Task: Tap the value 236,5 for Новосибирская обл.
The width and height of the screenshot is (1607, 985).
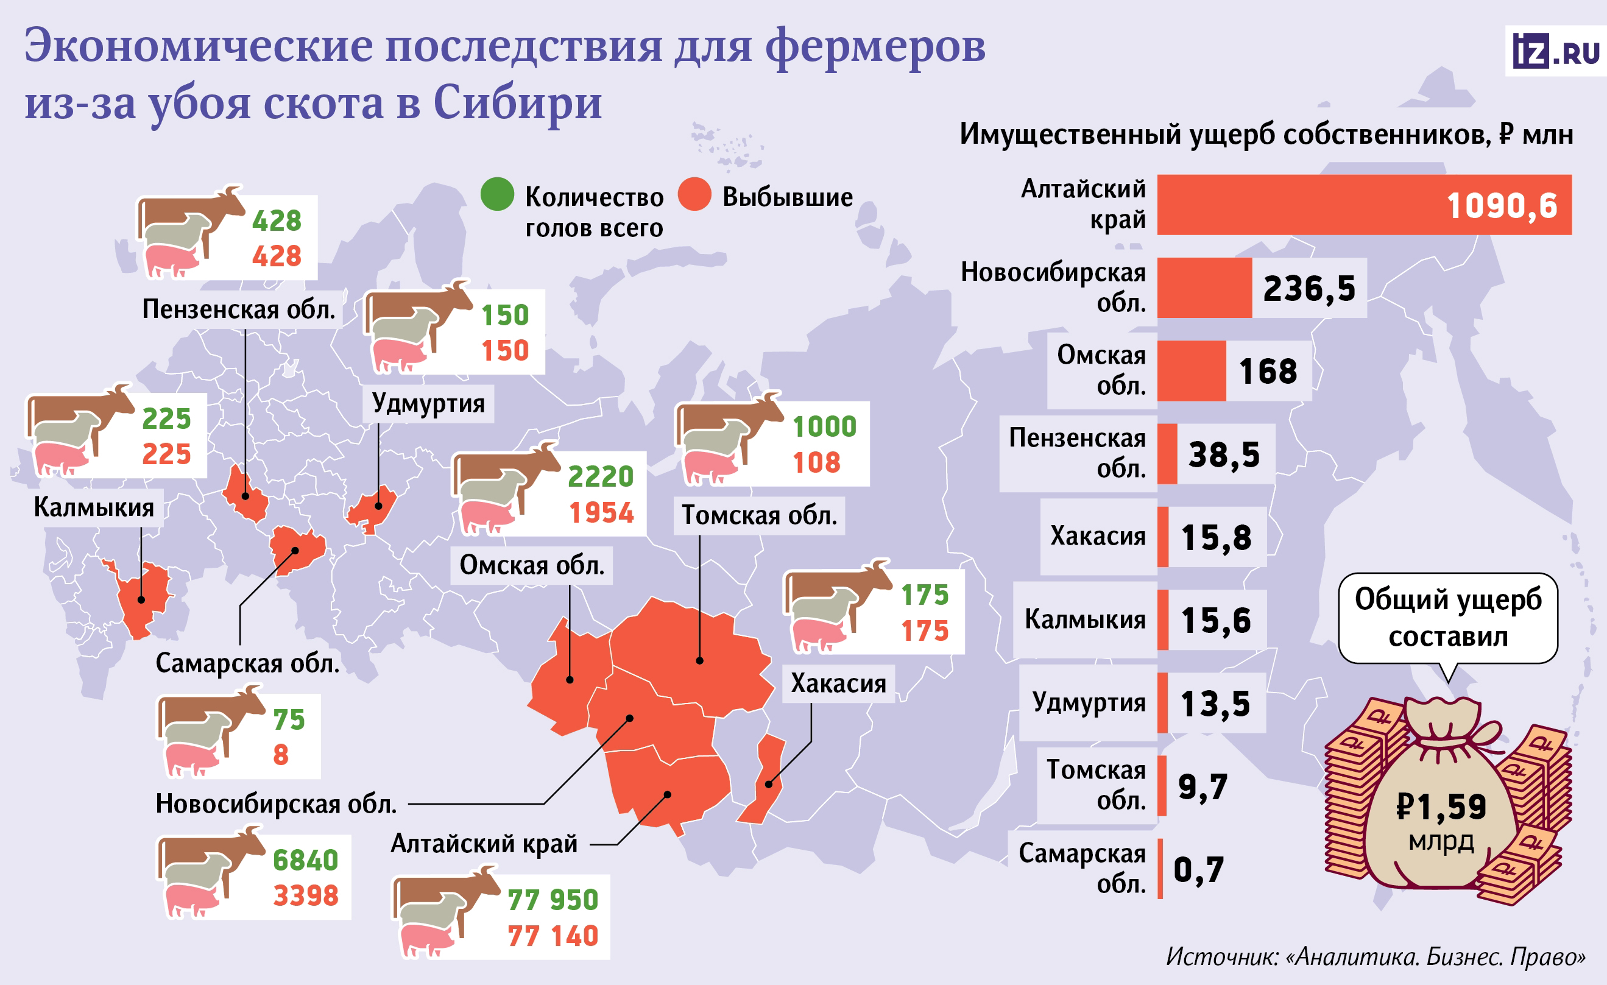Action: coord(1309,288)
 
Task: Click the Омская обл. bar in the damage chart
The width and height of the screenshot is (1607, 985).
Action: coord(1191,370)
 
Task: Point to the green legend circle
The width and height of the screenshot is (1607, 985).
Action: coord(497,194)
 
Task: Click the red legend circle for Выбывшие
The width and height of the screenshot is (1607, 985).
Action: coord(694,194)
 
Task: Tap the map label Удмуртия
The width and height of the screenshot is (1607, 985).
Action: coord(428,403)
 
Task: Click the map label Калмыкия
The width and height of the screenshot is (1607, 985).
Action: coord(94,507)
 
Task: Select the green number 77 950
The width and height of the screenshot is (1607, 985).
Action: coord(553,900)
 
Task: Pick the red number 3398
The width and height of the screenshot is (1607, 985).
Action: coord(305,895)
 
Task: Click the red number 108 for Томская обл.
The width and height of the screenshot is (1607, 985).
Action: coord(816,462)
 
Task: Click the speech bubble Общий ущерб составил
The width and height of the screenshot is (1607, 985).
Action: coord(1448,617)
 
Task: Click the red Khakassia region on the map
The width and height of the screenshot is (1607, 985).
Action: coord(766,780)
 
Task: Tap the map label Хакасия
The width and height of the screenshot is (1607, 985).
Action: coord(838,683)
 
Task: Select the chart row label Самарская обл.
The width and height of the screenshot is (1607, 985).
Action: coord(1082,867)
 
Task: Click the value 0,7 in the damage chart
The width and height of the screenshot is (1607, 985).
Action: coord(1198,869)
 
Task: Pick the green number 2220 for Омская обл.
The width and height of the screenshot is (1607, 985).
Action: coord(600,476)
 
